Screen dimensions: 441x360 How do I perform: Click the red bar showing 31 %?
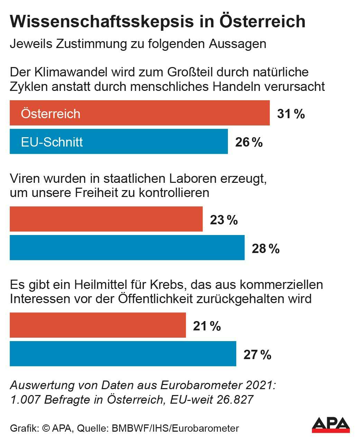(140, 113)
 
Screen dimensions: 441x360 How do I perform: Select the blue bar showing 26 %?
(119, 141)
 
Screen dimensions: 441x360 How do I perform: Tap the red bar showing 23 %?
(106, 219)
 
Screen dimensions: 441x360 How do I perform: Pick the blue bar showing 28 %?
(127, 247)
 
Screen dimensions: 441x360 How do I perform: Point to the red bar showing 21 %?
(98, 325)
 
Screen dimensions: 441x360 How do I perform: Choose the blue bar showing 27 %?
(123, 354)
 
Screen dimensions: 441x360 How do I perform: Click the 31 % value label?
(291, 113)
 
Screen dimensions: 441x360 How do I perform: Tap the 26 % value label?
(249, 142)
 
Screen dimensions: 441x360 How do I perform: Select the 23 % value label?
(224, 220)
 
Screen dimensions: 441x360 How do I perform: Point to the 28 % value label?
(266, 248)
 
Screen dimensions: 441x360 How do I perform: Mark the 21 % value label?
(207, 326)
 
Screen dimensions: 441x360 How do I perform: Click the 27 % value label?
(257, 355)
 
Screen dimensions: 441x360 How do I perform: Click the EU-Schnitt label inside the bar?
(52, 142)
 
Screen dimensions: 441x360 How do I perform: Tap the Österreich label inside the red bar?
(50, 113)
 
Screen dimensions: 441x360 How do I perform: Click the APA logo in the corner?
(331, 425)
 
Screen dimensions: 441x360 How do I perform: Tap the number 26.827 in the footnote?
(235, 400)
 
